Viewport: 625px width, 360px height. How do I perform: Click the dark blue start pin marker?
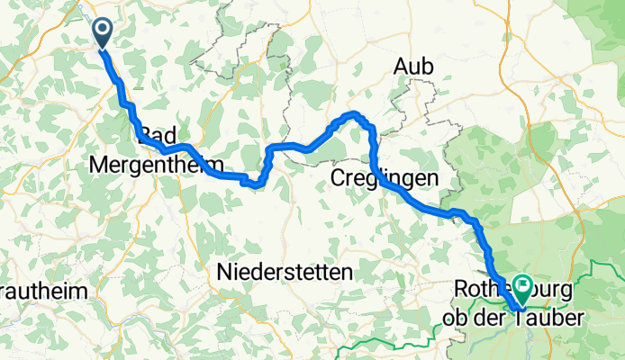(x=103, y=32)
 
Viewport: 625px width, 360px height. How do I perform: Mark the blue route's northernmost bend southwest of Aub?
(x=356, y=113)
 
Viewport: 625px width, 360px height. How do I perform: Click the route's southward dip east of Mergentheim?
(x=257, y=185)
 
